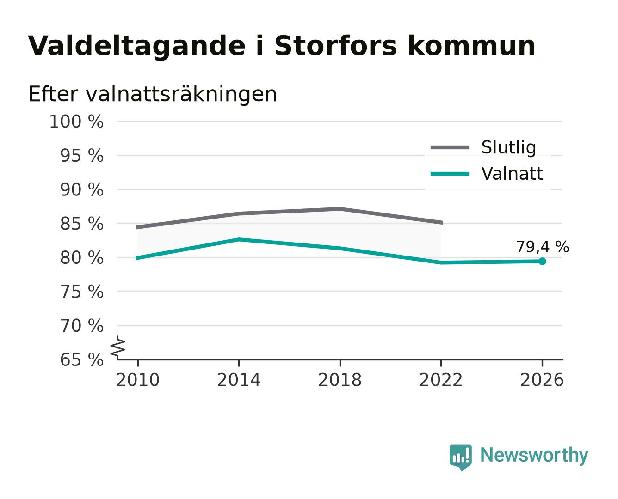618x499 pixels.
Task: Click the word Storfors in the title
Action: (335, 46)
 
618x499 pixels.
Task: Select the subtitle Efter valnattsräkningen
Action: (153, 94)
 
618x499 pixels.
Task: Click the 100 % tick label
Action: (76, 122)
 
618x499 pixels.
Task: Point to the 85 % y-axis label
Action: (81, 224)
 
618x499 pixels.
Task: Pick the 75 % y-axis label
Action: (81, 292)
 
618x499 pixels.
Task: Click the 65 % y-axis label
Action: (81, 360)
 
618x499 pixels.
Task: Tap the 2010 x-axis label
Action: (138, 380)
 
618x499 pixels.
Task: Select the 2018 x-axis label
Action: (340, 380)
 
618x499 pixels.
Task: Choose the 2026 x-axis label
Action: (542, 380)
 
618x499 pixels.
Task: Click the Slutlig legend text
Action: (509, 147)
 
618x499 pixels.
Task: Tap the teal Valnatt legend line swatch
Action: (450, 174)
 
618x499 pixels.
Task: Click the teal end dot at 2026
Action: (542, 262)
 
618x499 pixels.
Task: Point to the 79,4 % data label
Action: (543, 247)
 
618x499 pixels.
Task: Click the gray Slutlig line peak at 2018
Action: (340, 209)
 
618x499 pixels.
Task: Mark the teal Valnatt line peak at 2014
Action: (239, 240)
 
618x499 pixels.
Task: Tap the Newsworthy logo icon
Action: (461, 457)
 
